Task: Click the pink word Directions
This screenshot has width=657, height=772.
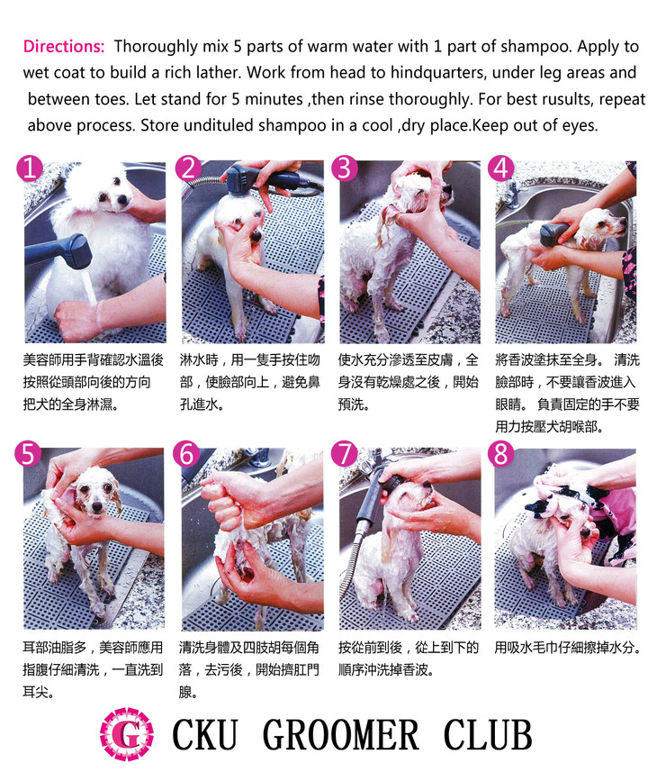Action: (x=64, y=46)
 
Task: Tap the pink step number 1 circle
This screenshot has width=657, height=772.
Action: (x=30, y=168)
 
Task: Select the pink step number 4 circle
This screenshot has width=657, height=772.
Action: (x=501, y=168)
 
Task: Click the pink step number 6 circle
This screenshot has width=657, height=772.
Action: (x=186, y=454)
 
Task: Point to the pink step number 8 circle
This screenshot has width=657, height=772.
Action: (x=501, y=454)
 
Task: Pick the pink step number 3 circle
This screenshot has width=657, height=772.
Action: (x=344, y=168)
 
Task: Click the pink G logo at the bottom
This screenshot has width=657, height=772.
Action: (x=127, y=734)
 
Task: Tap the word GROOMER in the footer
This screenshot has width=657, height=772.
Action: (x=341, y=734)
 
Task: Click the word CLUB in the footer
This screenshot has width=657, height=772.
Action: (x=487, y=734)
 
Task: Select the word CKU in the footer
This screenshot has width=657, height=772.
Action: (x=204, y=734)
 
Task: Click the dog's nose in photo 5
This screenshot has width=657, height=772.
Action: (x=97, y=505)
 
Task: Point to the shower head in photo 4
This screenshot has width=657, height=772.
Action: (x=553, y=235)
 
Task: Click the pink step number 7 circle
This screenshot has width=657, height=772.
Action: (x=344, y=454)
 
